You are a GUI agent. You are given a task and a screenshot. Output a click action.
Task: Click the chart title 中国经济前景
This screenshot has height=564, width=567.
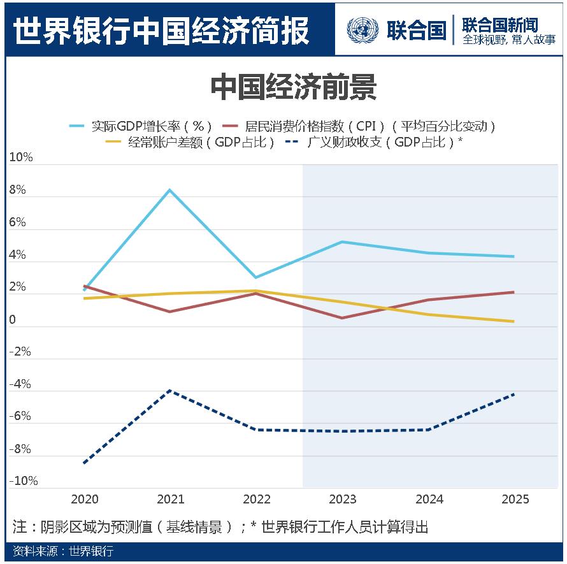tap(293, 89)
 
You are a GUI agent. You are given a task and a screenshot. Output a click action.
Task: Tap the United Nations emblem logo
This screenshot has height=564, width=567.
tap(362, 30)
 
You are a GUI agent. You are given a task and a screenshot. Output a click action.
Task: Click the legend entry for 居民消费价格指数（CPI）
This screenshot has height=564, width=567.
tap(370, 126)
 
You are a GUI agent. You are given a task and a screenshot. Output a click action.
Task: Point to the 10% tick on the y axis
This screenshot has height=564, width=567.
tap(21, 157)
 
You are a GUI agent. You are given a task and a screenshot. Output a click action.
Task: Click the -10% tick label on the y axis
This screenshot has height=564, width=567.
tap(23, 481)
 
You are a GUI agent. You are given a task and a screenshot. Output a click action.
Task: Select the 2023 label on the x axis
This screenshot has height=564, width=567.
tap(343, 499)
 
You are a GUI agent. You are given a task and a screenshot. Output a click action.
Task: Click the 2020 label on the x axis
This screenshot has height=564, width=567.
tap(85, 499)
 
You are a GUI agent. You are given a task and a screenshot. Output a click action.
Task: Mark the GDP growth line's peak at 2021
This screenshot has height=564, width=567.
tap(170, 190)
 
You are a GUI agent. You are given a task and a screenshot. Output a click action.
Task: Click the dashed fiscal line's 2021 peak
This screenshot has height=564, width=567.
tap(170, 390)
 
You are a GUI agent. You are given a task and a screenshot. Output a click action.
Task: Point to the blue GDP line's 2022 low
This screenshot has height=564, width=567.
tap(256, 277)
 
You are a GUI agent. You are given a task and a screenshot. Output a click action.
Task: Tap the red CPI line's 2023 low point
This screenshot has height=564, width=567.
tap(342, 318)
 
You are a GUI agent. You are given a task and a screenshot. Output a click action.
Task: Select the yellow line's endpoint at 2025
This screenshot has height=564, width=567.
tap(513, 321)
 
